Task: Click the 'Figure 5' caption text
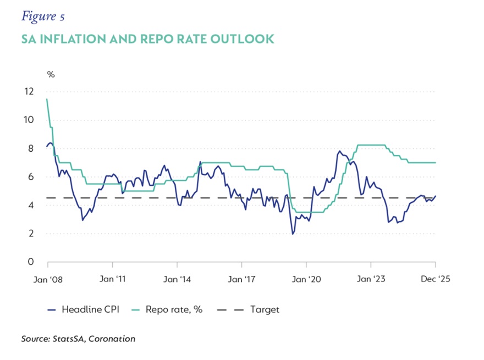pyautogui.click(x=43, y=16)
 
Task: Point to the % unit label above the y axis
pyautogui.click(x=51, y=74)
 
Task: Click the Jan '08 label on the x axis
pyautogui.click(x=47, y=279)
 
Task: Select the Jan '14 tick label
pyautogui.click(x=177, y=279)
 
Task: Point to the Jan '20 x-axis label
pyautogui.click(x=307, y=279)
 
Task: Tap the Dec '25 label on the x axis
pyautogui.click(x=436, y=279)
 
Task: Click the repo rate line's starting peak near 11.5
pyautogui.click(x=47, y=99)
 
